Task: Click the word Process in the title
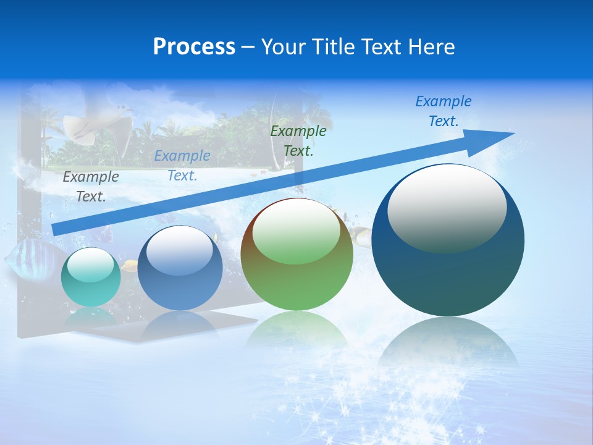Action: pyautogui.click(x=194, y=47)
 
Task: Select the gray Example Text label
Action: pyautogui.click(x=91, y=186)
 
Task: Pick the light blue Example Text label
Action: pyautogui.click(x=182, y=166)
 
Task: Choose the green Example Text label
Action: pyautogui.click(x=298, y=140)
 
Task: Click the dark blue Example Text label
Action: pyautogui.click(x=444, y=111)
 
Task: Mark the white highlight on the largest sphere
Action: pyautogui.click(x=447, y=207)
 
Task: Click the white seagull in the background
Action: pyautogui.click(x=99, y=124)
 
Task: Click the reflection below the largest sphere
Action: pyautogui.click(x=448, y=346)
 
